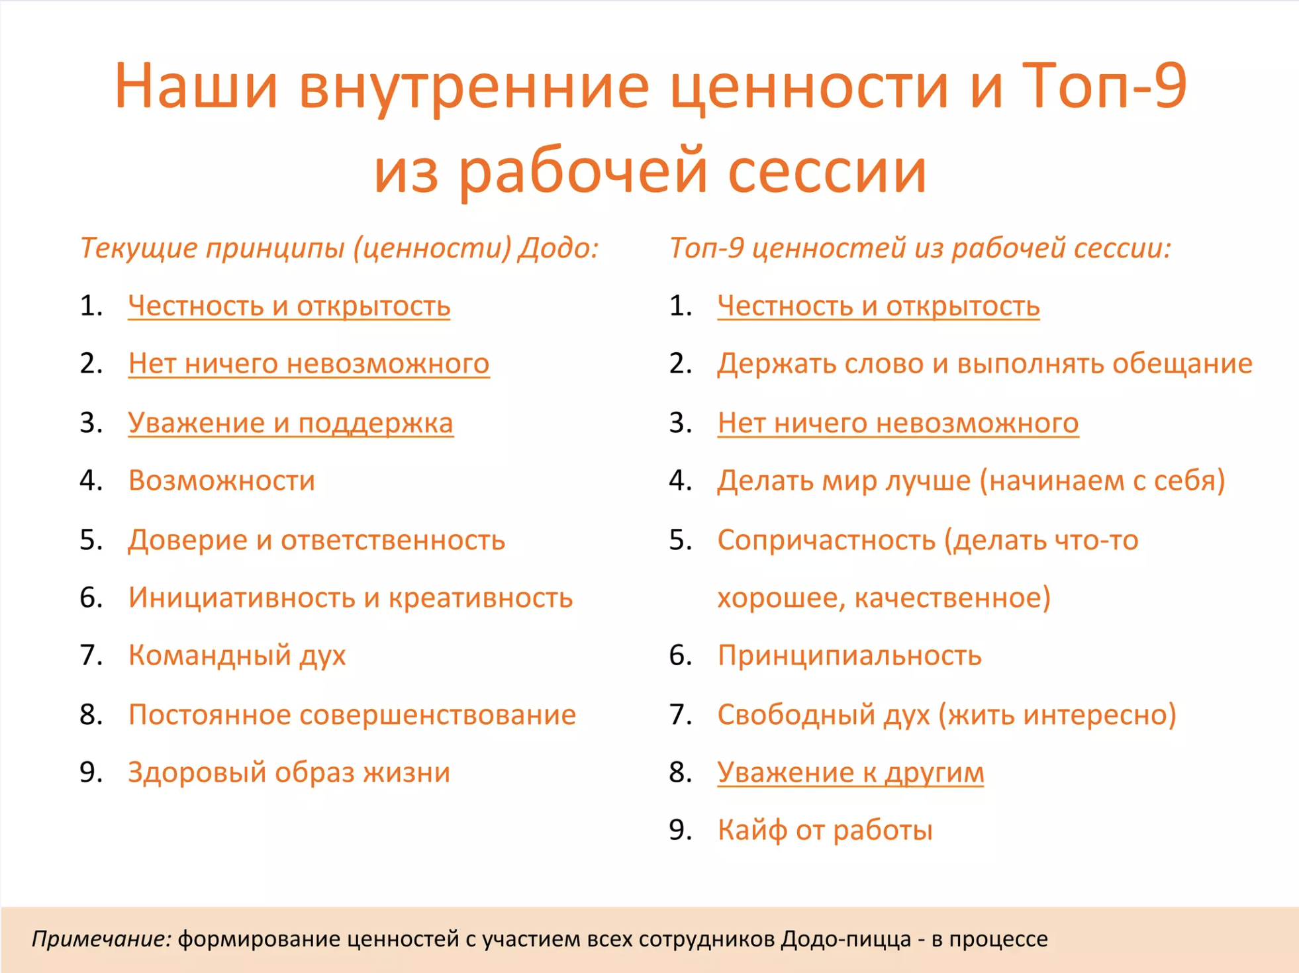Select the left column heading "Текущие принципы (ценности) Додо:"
(340, 248)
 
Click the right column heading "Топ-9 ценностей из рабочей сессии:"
(921, 248)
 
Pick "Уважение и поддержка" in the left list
(291, 422)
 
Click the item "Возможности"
(222, 480)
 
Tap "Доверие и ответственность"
(316, 539)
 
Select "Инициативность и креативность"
(350, 597)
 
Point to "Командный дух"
(237, 655)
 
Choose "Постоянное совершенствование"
(352, 714)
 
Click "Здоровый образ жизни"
(289, 772)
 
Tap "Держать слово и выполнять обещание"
(985, 363)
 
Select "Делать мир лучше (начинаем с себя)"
(971, 481)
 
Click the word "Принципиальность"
(849, 655)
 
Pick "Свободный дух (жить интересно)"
(947, 714)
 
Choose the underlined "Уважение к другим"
(851, 772)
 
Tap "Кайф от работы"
(825, 830)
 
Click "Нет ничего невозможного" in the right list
(898, 422)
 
